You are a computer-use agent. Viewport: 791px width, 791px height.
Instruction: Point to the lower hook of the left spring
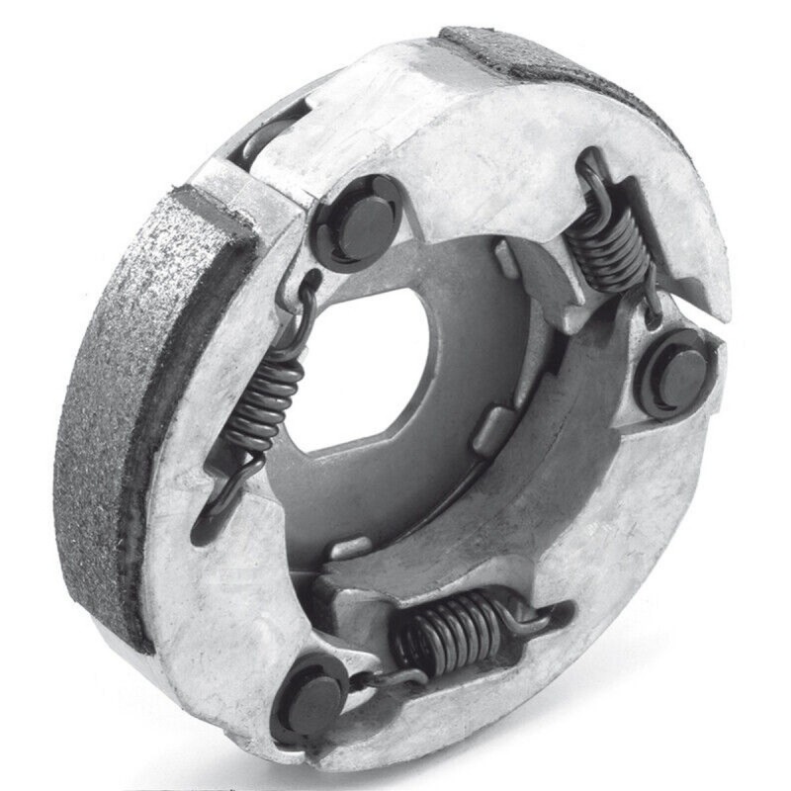click(x=213, y=494)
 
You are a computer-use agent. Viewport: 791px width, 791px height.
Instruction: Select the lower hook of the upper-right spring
click(x=648, y=307)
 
